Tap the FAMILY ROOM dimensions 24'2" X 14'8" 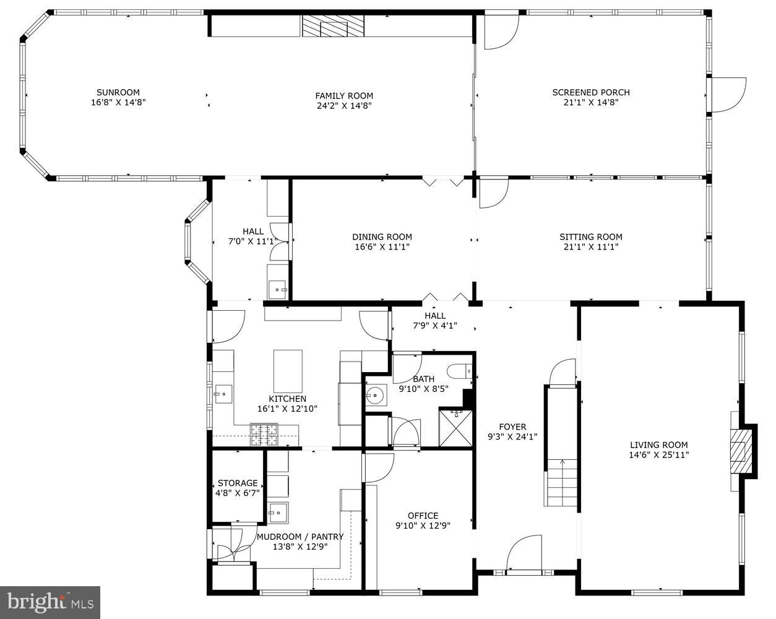[344, 105]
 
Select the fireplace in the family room [333, 27]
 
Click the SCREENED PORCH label [590, 92]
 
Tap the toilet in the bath [459, 372]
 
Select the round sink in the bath [374, 394]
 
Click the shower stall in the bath [457, 427]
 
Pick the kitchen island [288, 371]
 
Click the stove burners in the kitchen [264, 435]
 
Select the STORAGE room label [238, 483]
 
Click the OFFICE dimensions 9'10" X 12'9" [423, 526]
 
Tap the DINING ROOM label [382, 236]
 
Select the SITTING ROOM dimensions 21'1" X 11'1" [590, 246]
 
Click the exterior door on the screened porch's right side [728, 94]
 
